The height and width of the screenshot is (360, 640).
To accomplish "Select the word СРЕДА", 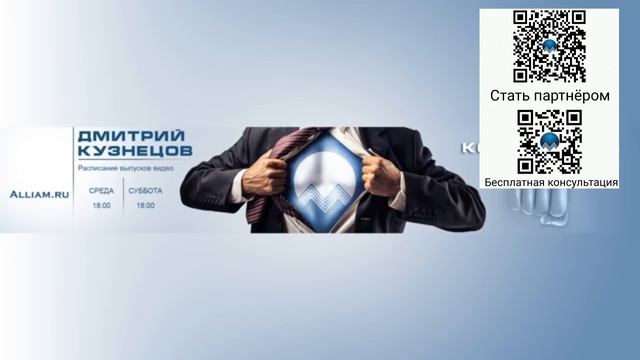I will point(101,190).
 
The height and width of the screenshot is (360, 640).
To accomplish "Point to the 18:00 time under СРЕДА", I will point(101,205).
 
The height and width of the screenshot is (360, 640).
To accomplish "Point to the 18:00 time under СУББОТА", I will point(145,205).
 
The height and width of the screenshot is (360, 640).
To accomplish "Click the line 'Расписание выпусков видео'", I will point(126,168).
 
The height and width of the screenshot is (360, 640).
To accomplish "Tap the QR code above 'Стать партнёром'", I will point(549,46).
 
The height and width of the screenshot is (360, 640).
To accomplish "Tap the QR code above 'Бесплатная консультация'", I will point(549,141).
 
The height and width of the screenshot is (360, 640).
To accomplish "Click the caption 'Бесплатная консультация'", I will point(550,183).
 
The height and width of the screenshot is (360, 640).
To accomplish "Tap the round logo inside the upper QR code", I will point(549,46).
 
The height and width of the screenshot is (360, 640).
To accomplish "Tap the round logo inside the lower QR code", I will point(549,142).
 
